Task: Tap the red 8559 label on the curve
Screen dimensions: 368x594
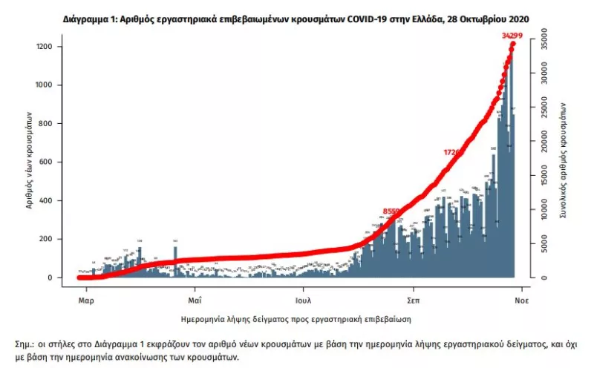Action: pos(391,211)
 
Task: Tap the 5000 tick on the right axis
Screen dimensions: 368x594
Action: pos(544,243)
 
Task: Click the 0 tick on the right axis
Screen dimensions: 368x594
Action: pos(544,277)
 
